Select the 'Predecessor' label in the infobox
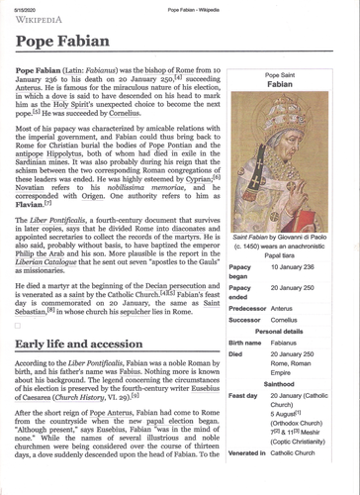click(248, 309)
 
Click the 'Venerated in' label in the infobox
click(248, 479)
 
